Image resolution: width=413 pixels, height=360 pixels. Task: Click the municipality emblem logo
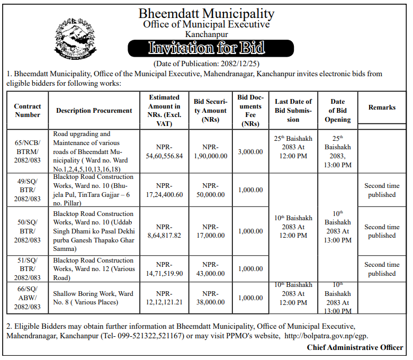(x=75, y=40)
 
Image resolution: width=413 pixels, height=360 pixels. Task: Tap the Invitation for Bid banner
(x=206, y=49)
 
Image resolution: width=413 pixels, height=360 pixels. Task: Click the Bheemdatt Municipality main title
(x=206, y=13)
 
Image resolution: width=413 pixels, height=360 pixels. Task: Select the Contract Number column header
(x=28, y=110)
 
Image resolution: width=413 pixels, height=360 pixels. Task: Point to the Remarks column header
(x=382, y=107)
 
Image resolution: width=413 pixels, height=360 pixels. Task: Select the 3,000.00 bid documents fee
(x=250, y=151)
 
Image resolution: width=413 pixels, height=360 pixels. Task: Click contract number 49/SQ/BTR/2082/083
(x=28, y=190)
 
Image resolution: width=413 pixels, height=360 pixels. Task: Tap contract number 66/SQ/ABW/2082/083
(x=28, y=298)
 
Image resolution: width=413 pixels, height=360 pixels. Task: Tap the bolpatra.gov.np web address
(x=326, y=336)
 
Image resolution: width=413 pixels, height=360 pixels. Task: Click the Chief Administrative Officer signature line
(x=355, y=347)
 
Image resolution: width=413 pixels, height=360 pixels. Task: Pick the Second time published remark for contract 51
(x=382, y=269)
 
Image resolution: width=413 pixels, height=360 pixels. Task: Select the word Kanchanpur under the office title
(x=206, y=34)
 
